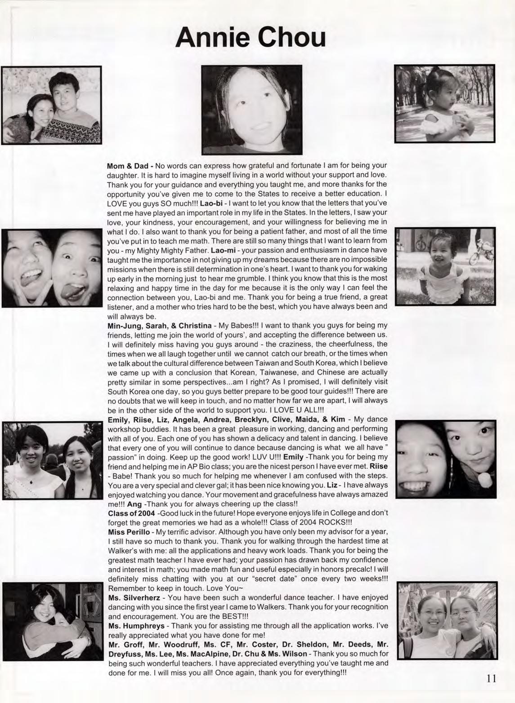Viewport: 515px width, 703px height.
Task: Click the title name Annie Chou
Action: [x=251, y=37]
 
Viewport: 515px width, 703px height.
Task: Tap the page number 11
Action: [x=491, y=678]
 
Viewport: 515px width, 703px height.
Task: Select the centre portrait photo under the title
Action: [x=251, y=110]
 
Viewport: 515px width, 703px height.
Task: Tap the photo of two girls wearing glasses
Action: [x=448, y=620]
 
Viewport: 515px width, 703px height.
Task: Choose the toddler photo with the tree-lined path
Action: [x=444, y=104]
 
